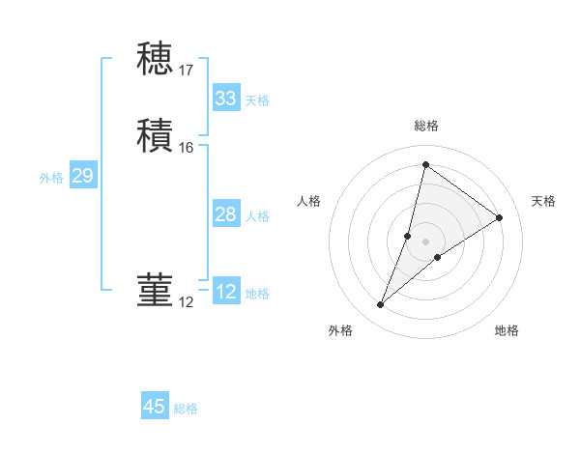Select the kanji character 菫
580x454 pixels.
tap(155, 291)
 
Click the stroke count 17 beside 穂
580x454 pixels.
tap(187, 71)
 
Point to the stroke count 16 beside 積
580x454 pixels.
tap(187, 148)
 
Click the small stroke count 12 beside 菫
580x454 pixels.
tap(187, 303)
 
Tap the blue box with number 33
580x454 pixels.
tap(225, 99)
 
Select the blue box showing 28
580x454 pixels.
tap(225, 214)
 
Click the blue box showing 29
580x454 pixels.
tap(82, 176)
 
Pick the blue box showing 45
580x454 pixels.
tap(155, 407)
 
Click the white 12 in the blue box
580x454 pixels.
tap(225, 292)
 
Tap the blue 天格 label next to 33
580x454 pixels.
tap(257, 100)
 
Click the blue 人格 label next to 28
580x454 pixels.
tap(257, 216)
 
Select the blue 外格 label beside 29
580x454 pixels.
tap(51, 178)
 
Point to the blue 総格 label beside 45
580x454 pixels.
tap(186, 409)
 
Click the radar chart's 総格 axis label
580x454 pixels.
tap(425, 126)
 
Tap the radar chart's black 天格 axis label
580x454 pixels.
tap(543, 201)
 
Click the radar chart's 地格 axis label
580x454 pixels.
tap(507, 330)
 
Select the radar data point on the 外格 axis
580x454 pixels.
tap(381, 305)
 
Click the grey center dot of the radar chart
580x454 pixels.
tap(425, 241)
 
